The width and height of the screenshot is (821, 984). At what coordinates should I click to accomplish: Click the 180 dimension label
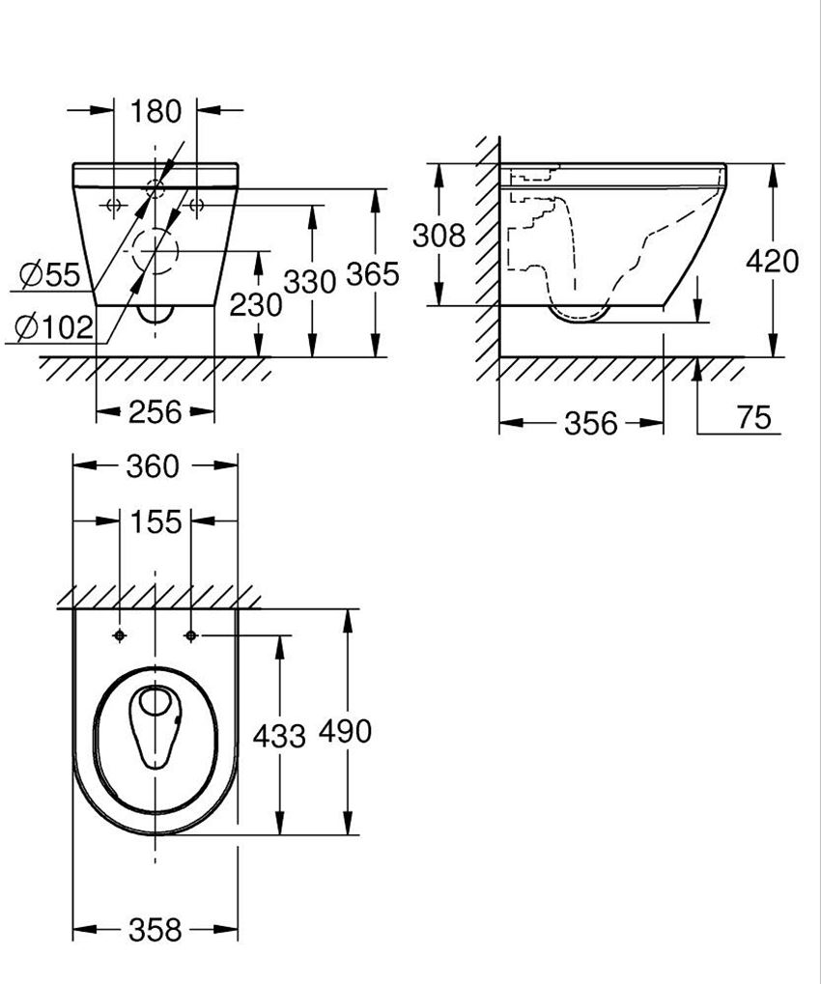click(x=156, y=111)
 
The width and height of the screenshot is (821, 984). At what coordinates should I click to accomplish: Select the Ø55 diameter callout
click(x=49, y=276)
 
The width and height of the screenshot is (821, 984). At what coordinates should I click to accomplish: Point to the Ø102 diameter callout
click(x=55, y=328)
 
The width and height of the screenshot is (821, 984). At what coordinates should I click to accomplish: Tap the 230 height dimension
click(x=256, y=304)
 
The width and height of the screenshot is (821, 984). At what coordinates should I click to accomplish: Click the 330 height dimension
click(x=310, y=281)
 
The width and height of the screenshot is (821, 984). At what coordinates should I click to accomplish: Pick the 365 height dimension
click(x=373, y=274)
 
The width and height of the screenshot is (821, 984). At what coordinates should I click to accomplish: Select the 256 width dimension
click(x=155, y=412)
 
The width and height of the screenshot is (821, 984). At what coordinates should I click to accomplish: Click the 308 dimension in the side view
click(x=439, y=235)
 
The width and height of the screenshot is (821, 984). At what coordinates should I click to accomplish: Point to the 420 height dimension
click(x=773, y=261)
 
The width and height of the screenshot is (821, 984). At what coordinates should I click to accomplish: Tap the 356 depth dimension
click(x=590, y=423)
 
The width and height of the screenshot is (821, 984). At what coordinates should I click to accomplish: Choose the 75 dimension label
click(x=753, y=417)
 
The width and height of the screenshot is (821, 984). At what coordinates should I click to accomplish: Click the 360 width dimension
click(x=155, y=466)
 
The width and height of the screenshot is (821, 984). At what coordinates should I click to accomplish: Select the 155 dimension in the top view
click(x=156, y=522)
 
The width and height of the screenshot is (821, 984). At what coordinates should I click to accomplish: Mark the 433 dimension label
click(x=279, y=736)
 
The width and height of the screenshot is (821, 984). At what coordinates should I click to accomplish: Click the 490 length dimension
click(x=346, y=732)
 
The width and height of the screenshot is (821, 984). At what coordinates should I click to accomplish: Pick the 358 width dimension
click(x=155, y=930)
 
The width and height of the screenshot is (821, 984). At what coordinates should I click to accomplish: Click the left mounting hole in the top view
click(x=120, y=635)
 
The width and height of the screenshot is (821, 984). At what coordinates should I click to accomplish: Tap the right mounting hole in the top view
click(x=190, y=635)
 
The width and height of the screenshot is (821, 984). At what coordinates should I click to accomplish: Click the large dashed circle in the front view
click(x=155, y=254)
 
